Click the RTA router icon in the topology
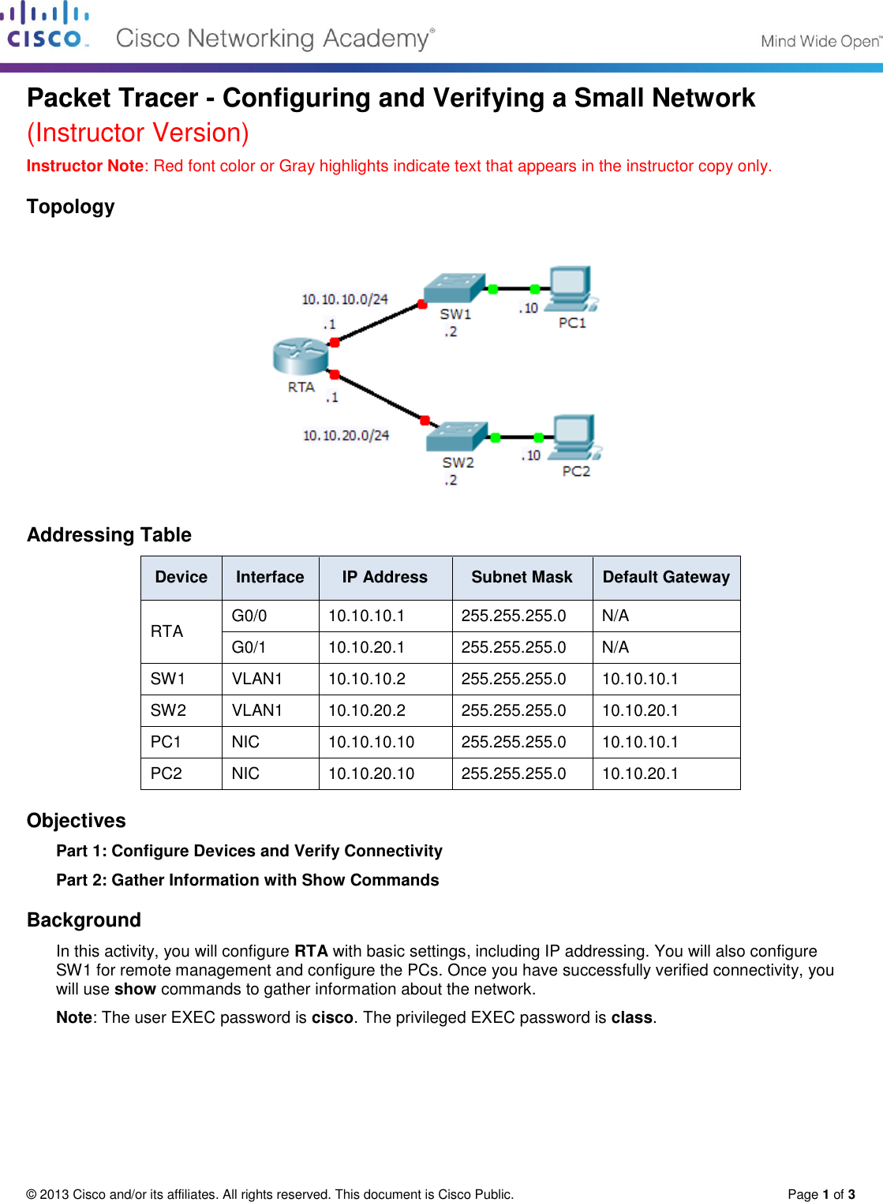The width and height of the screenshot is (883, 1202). pos(301,356)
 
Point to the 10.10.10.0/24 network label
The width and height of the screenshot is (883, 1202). pos(345,299)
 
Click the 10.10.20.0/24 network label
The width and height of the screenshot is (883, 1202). pos(346,435)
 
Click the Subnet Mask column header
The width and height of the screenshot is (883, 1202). pos(522,577)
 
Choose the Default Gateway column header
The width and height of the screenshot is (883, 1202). pos(666,577)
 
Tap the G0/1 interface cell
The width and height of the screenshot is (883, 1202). pos(249,647)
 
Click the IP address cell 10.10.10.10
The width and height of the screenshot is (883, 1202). pos(371,742)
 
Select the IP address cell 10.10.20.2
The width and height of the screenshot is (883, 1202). pos(367,710)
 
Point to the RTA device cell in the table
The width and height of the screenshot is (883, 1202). pos(167,631)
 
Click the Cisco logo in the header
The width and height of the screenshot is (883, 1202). pos(46,27)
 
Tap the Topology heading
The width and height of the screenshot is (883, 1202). pos(71,207)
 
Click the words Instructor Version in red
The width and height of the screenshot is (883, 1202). pos(138,133)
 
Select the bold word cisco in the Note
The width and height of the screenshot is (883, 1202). pos(332,1017)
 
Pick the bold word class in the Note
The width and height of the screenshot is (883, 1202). pos(631,1017)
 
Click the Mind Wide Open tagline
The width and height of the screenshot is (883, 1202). pos(820,41)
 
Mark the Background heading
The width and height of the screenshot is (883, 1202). pos(84,920)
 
